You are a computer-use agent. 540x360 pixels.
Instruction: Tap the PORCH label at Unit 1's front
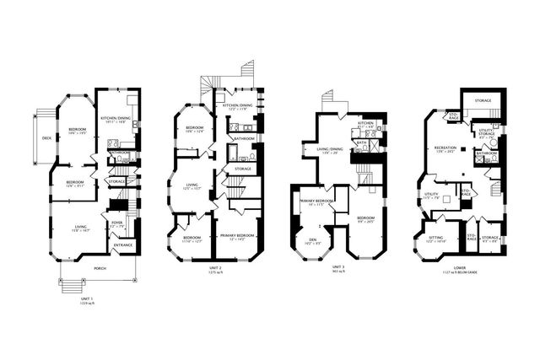100,268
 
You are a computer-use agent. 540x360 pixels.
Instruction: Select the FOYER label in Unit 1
117,223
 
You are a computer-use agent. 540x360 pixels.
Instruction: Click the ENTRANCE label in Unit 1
123,245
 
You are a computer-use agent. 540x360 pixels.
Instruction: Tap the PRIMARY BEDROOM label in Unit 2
237,237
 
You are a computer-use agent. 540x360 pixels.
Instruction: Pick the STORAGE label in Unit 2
243,169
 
